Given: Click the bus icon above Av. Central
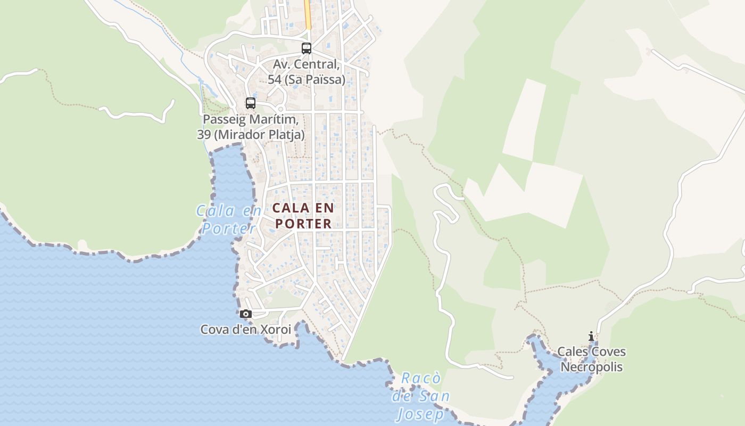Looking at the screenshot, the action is [x=306, y=48].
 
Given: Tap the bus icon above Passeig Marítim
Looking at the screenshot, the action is [x=250, y=103].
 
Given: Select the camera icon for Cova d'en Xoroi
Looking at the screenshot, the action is [x=245, y=314].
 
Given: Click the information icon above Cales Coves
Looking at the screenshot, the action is [x=591, y=336].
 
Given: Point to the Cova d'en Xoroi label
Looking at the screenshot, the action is [x=245, y=330].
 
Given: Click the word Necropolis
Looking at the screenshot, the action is [x=591, y=367].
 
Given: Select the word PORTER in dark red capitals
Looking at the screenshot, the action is [x=303, y=224].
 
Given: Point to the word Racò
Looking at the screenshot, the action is [x=420, y=379].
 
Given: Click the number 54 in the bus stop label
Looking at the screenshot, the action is [x=274, y=79].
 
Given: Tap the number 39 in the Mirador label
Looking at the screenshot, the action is [x=204, y=134].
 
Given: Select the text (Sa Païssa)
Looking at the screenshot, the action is [x=314, y=79].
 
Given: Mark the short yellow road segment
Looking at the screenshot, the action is [x=307, y=13].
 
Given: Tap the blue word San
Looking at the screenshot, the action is [x=434, y=396].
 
